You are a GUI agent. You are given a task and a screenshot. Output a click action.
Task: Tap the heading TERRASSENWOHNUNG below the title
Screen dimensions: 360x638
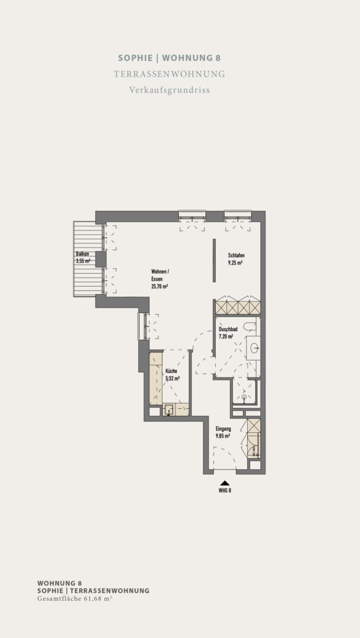click(170, 74)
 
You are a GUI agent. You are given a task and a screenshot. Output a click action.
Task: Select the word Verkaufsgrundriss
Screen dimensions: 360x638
click(170, 90)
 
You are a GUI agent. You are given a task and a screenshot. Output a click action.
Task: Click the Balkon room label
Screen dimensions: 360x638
click(82, 254)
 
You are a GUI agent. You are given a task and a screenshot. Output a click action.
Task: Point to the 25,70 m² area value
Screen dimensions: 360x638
click(160, 287)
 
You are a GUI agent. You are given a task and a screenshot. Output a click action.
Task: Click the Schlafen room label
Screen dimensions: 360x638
click(236, 256)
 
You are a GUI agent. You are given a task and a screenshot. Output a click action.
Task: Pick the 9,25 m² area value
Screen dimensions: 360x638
click(235, 263)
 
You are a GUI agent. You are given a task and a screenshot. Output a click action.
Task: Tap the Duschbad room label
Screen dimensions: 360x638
click(228, 329)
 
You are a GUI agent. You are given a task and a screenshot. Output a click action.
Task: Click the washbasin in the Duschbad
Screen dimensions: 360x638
click(254, 347)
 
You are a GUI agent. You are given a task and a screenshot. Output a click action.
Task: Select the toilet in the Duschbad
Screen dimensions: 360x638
click(250, 325)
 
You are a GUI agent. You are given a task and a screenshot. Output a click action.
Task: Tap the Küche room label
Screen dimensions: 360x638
click(171, 370)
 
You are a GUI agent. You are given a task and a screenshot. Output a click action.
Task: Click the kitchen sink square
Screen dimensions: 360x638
click(169, 410)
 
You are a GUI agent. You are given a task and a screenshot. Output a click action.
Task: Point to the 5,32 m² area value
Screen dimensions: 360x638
click(173, 378)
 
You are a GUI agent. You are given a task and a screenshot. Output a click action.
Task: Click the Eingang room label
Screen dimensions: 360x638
click(223, 428)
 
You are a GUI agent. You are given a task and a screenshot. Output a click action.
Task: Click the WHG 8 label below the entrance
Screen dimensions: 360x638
click(225, 490)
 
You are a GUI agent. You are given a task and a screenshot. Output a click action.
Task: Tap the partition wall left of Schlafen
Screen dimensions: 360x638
click(214, 261)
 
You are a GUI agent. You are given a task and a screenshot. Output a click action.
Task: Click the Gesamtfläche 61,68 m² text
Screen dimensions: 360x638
click(75, 598)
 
